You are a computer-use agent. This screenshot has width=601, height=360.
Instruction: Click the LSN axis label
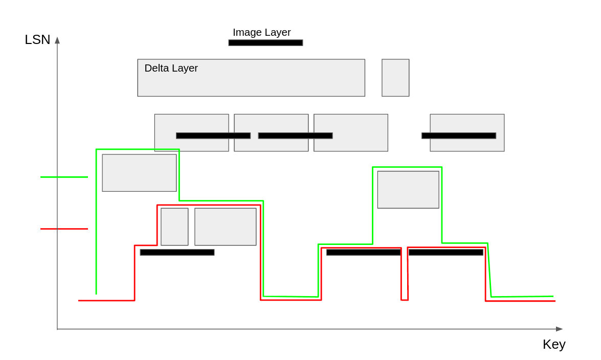[x=37, y=39]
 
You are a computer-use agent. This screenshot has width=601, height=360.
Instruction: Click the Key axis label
[x=554, y=344]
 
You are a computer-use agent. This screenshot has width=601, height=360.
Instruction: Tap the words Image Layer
[x=261, y=32]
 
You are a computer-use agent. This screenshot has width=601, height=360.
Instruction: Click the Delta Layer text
[x=171, y=68]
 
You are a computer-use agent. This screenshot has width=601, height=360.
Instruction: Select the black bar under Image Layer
[x=265, y=43]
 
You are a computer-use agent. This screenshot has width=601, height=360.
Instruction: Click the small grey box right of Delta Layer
[x=395, y=78]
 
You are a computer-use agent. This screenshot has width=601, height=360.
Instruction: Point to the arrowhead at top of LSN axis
[x=57, y=40]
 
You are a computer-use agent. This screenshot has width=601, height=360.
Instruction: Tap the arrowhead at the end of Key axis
[x=559, y=329]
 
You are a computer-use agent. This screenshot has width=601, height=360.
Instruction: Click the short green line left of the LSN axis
[x=64, y=177]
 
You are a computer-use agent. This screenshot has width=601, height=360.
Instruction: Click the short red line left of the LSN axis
[x=64, y=229]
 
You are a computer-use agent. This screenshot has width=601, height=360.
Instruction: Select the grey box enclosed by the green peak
[x=408, y=190]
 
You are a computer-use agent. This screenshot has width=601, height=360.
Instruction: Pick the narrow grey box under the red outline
[x=174, y=227]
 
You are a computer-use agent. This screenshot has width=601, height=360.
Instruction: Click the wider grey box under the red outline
[x=225, y=227]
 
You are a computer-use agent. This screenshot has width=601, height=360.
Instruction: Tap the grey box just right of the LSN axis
[x=139, y=173]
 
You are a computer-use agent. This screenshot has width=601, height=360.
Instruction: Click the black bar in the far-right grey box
[x=458, y=136]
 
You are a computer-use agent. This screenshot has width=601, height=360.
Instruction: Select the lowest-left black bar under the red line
[x=177, y=252]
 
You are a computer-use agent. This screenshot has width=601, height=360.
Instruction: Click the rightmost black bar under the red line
[x=446, y=252]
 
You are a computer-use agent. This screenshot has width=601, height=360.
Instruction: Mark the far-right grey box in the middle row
[x=467, y=123]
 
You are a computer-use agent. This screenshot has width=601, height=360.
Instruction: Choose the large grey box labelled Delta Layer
[x=276, y=82]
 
